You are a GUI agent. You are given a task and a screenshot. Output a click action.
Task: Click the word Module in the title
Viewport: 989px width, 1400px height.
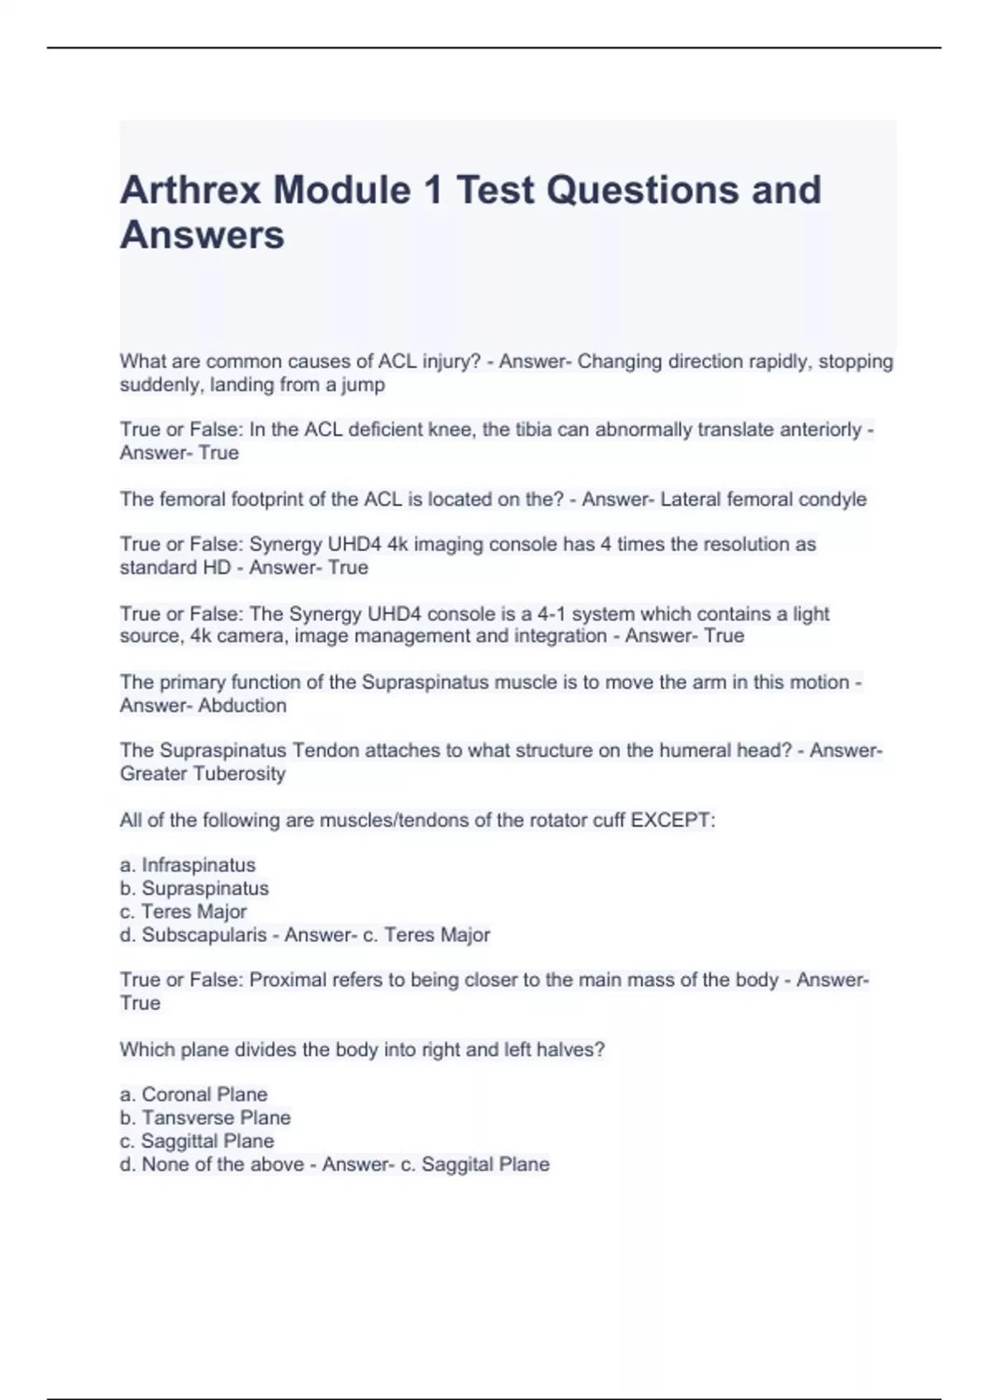[x=342, y=190]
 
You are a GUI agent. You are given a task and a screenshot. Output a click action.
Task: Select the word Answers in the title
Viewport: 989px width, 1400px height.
[x=202, y=236]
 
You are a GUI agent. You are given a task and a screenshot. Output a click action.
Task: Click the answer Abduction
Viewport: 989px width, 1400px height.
[x=242, y=706]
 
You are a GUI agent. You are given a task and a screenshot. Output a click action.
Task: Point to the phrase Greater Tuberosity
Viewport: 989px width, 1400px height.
[x=203, y=774]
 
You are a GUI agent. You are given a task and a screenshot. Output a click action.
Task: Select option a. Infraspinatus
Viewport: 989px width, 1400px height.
[x=188, y=866]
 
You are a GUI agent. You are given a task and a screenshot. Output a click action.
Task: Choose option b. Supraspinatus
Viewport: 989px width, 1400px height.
[x=195, y=889]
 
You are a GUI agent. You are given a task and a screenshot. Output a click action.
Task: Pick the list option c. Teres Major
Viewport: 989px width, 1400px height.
[x=183, y=912]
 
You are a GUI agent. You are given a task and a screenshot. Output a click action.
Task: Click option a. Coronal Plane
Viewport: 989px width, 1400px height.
[x=194, y=1094]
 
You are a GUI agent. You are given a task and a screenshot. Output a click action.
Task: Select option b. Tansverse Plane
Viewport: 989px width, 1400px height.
[x=205, y=1118]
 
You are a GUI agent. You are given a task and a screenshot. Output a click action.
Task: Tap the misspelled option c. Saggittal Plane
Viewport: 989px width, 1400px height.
[x=197, y=1141]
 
